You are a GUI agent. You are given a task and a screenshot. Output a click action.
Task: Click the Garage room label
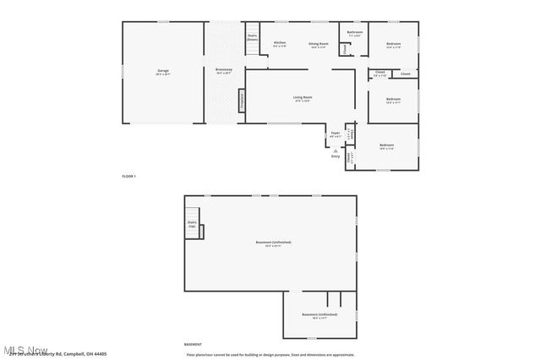(x=162, y=71)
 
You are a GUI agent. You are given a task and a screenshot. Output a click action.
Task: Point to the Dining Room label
(x=318, y=44)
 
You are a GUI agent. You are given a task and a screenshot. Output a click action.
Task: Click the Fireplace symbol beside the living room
(x=242, y=100)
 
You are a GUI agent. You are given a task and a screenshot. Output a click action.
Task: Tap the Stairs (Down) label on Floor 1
(x=252, y=38)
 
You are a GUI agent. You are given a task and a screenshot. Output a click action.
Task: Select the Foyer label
(x=336, y=134)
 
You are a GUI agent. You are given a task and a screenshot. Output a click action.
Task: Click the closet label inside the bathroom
(x=343, y=49)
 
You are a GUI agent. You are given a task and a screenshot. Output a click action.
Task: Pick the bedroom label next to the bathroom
(x=394, y=44)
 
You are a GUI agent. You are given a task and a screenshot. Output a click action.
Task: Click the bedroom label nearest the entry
(x=386, y=146)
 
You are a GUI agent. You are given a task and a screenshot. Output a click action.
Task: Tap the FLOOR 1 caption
(x=128, y=176)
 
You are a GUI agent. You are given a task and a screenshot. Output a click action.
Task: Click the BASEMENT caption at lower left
(x=193, y=344)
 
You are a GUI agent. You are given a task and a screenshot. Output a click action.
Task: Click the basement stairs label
(x=192, y=224)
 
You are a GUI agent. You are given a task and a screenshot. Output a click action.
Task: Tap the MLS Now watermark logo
(x=25, y=349)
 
